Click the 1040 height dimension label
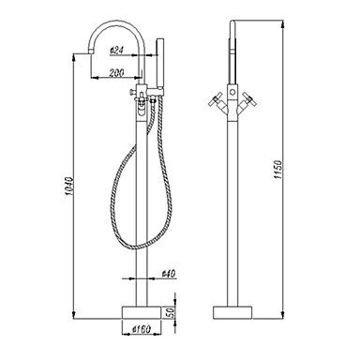click(69, 187)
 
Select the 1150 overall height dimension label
click(277, 170)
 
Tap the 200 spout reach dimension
click(117, 72)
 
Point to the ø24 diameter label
click(116, 51)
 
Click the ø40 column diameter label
click(169, 274)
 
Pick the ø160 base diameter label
click(142, 329)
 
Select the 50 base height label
click(171, 312)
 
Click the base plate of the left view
click(142, 312)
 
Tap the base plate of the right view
click(232, 312)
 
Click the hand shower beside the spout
click(160, 63)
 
